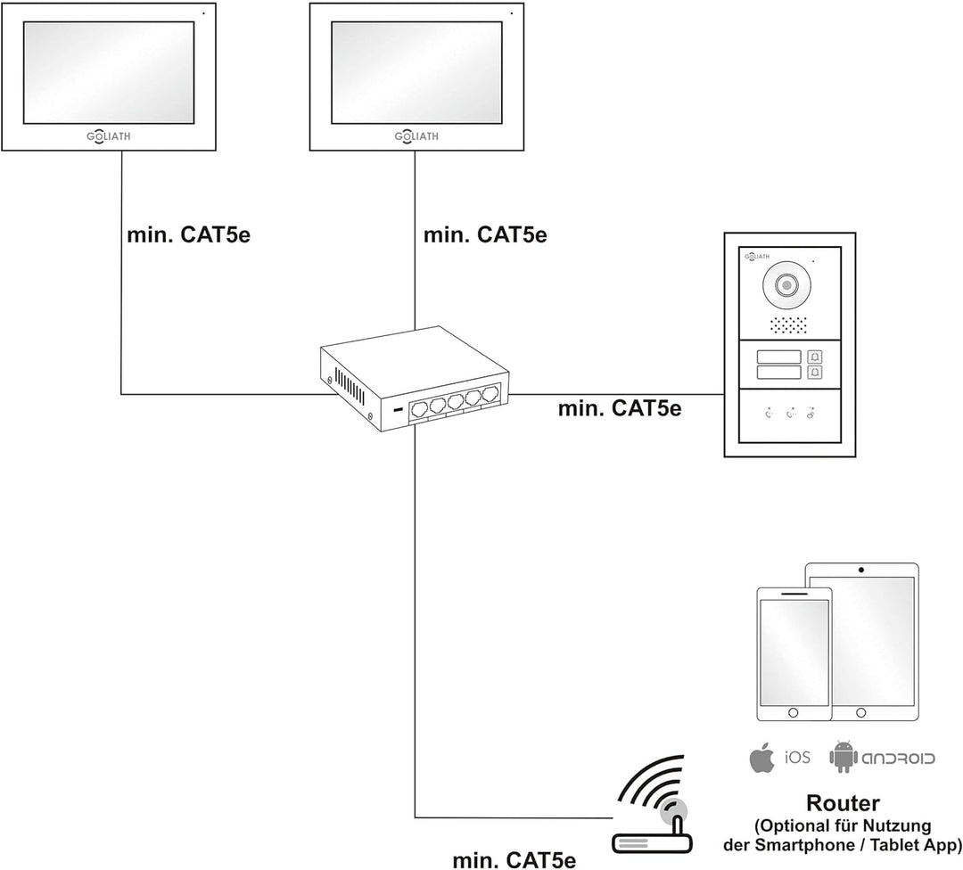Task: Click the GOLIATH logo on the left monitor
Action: point(105,136)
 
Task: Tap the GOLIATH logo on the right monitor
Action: point(412,136)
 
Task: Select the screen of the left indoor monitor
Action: point(110,73)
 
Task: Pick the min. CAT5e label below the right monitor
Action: point(485,235)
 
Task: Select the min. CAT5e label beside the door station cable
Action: point(619,409)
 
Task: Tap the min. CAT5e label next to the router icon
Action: point(514,859)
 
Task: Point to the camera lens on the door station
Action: point(786,286)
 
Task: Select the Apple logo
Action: point(760,759)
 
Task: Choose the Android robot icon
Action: point(842,757)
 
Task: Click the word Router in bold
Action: point(843,803)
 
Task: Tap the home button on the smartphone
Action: point(793,713)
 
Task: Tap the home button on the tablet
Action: point(860,713)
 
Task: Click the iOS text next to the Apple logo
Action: point(797,759)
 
